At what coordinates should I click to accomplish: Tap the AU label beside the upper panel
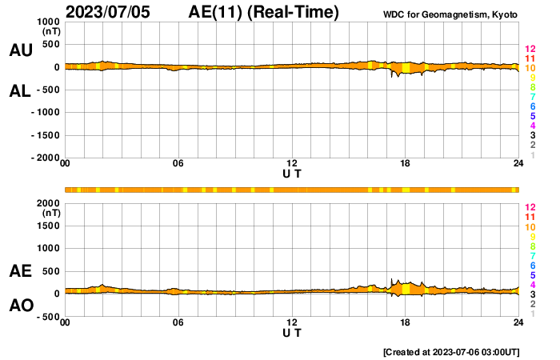20,50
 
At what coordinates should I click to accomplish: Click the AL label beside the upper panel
20,90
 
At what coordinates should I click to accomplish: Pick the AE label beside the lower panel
20,271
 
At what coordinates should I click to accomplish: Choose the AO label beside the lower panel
20,306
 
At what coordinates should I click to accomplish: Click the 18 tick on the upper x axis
405,165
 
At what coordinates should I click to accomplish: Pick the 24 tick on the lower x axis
518,323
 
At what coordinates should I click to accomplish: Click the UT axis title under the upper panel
292,174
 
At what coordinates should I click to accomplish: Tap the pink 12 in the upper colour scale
530,49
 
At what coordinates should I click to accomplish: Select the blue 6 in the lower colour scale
532,265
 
